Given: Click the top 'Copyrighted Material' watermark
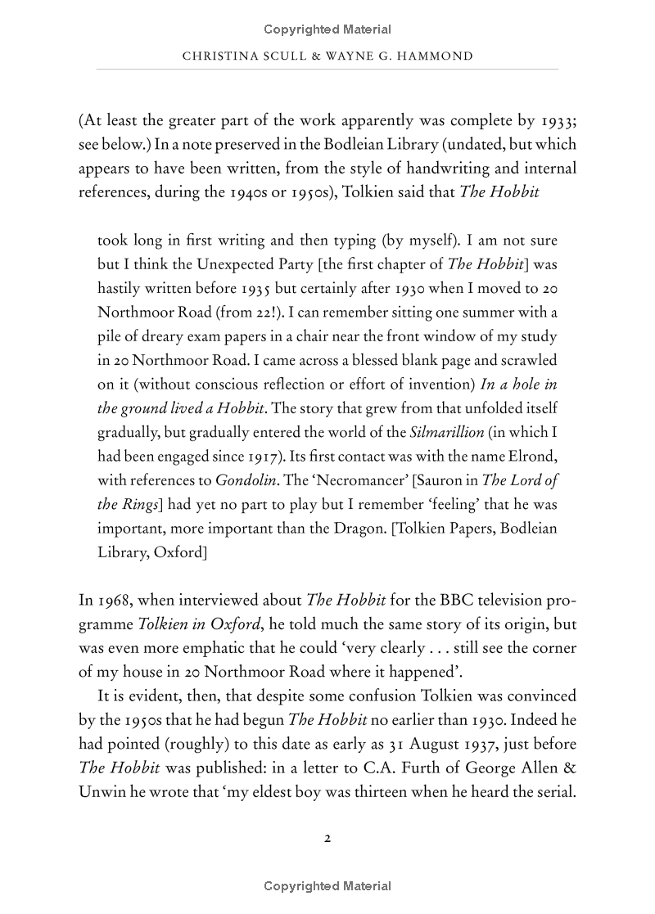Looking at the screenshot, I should coord(327,29).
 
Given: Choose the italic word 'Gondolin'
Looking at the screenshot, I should coord(246,480).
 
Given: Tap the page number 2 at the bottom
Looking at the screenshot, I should coord(327,838).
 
